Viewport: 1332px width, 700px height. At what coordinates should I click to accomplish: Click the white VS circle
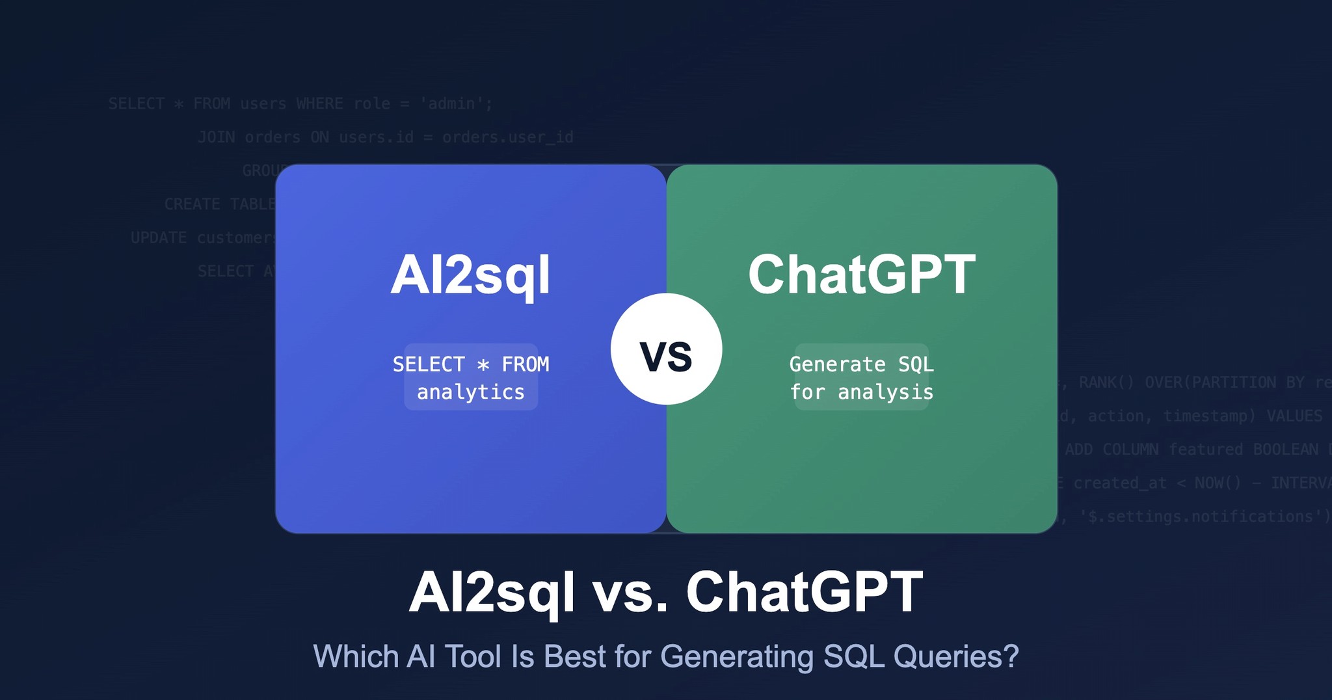[666, 349]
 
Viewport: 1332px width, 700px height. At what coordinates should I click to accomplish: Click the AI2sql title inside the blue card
[470, 275]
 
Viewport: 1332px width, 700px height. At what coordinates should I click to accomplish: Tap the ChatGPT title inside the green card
[861, 275]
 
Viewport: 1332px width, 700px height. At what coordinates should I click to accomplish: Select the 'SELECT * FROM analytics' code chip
[471, 377]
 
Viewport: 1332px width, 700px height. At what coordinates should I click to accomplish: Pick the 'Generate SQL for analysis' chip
[861, 377]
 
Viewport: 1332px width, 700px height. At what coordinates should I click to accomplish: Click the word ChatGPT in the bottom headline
[804, 592]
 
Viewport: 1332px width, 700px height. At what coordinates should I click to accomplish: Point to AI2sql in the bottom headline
[492, 592]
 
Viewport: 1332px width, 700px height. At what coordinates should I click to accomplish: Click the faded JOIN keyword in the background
[217, 137]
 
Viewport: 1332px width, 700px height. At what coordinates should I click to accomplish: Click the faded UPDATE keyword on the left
[159, 238]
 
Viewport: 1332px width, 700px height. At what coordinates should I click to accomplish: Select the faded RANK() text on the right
[1106, 383]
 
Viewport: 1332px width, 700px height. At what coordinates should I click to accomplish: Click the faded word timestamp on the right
[1208, 416]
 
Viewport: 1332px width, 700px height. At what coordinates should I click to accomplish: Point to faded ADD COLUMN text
[1111, 450]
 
